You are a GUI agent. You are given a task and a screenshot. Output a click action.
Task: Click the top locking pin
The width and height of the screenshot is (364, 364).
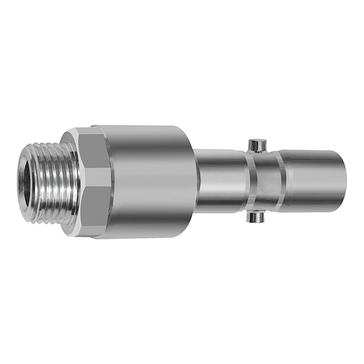point(256,145)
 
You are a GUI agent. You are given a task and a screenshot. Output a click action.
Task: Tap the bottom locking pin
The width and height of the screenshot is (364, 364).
point(255,217)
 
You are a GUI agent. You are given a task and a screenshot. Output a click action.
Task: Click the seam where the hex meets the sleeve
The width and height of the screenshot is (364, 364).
point(112,181)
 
